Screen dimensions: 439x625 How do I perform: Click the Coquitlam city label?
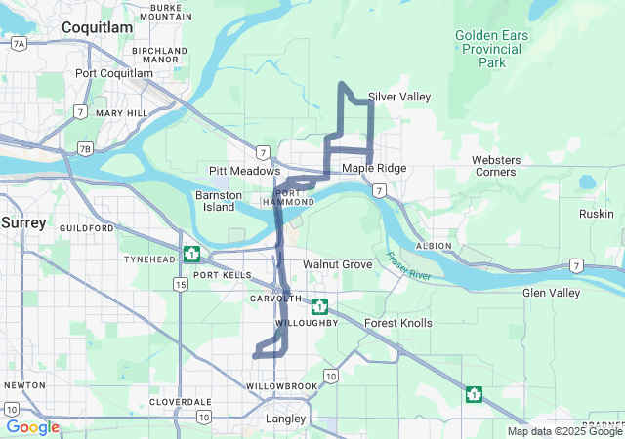coord(97,28)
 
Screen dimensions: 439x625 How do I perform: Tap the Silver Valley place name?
coord(399,97)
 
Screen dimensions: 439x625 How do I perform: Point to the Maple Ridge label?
coord(374,169)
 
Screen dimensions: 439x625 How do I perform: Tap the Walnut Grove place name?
coord(337,264)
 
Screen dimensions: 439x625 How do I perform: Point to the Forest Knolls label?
coord(397,323)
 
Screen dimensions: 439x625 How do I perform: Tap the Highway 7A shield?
coord(19,44)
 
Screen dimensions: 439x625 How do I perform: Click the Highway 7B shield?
coord(86,149)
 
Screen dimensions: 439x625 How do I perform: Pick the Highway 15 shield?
coord(180,284)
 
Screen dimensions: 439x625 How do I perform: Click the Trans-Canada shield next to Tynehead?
coord(192,255)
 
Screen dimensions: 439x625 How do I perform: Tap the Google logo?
coord(32,427)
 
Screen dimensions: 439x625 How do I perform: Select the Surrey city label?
coord(23,222)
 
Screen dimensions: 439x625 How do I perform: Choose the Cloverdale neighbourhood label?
coord(181,402)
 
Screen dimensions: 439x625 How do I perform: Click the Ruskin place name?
coord(596,214)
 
